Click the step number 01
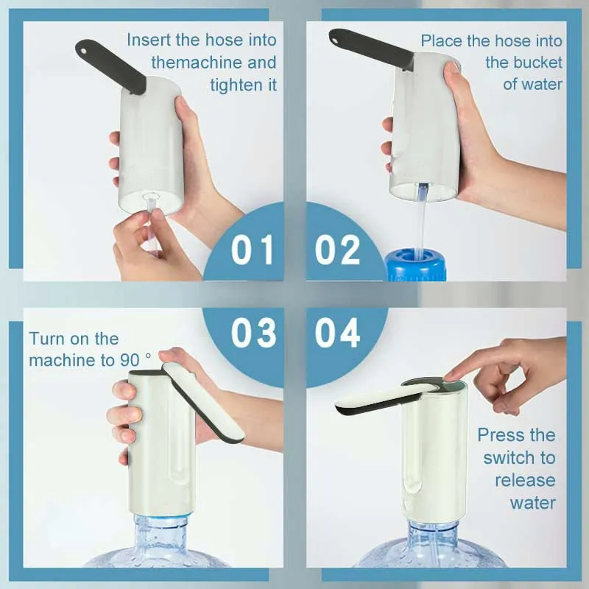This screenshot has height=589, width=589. [252, 249]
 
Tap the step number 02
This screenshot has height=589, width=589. [337, 249]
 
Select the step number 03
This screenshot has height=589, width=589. [253, 333]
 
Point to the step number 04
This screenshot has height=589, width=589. [337, 333]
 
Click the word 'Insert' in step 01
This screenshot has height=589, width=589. [149, 40]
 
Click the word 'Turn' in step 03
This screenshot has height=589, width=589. [45, 339]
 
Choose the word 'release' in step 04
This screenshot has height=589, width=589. [525, 481]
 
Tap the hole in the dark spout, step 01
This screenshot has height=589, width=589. [83, 49]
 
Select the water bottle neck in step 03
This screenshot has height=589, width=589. [161, 529]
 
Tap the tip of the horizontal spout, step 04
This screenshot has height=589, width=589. [338, 409]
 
